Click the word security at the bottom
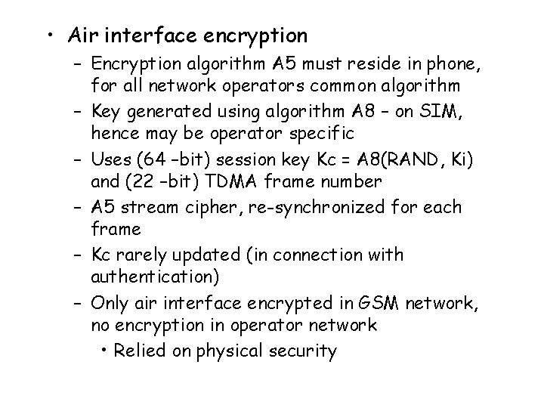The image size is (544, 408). pos(306,351)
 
